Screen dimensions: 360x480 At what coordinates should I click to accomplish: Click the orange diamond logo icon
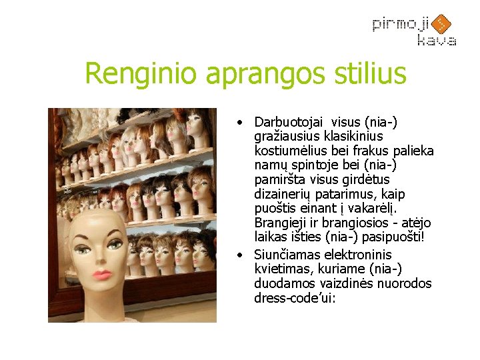coord(441,25)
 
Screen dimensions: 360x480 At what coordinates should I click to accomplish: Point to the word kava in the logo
coord(437,41)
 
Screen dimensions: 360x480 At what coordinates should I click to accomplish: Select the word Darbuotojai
coord(288,123)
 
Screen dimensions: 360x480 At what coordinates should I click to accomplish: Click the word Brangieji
coord(282,223)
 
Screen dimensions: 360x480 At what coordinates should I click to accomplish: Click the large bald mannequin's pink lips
coord(102,274)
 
